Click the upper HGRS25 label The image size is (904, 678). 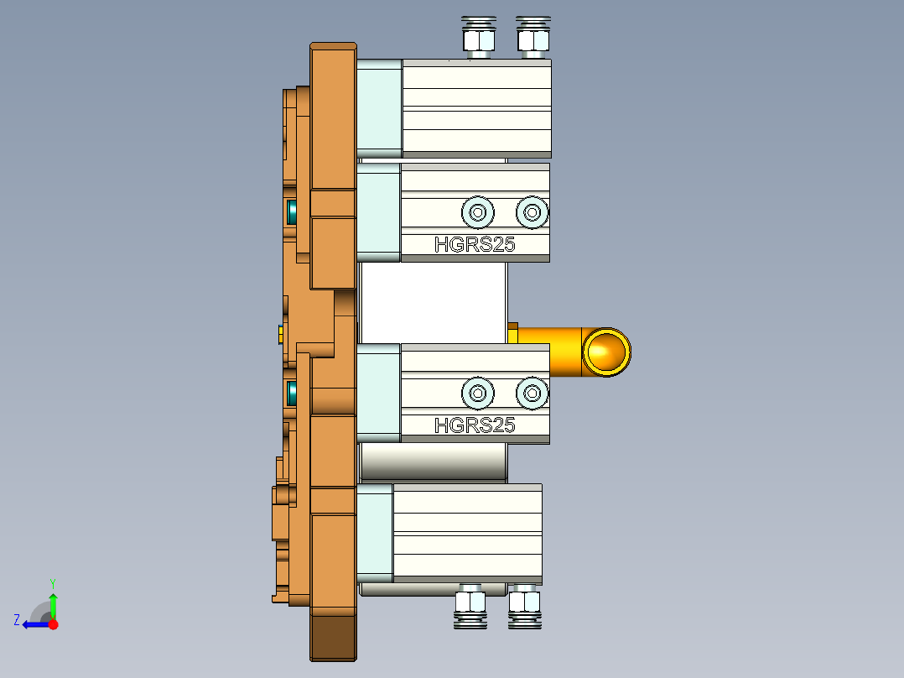tap(474, 245)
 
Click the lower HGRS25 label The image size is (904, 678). tap(474, 425)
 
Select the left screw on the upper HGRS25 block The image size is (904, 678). tap(477, 212)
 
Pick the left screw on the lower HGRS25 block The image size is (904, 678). tap(477, 392)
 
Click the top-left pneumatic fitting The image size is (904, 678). tap(476, 37)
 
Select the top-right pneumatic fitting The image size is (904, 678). tap(532, 37)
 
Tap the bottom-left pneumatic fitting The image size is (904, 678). tap(470, 607)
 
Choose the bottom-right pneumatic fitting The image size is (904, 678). tap(524, 607)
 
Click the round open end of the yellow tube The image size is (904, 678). tap(606, 352)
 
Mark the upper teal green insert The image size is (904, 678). tap(293, 212)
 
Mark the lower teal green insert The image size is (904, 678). tap(293, 392)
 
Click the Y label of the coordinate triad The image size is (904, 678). tap(53, 582)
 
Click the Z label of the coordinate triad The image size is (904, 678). tap(17, 620)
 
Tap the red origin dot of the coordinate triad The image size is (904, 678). tap(53, 624)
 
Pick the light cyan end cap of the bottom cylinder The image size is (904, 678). tap(375, 533)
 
